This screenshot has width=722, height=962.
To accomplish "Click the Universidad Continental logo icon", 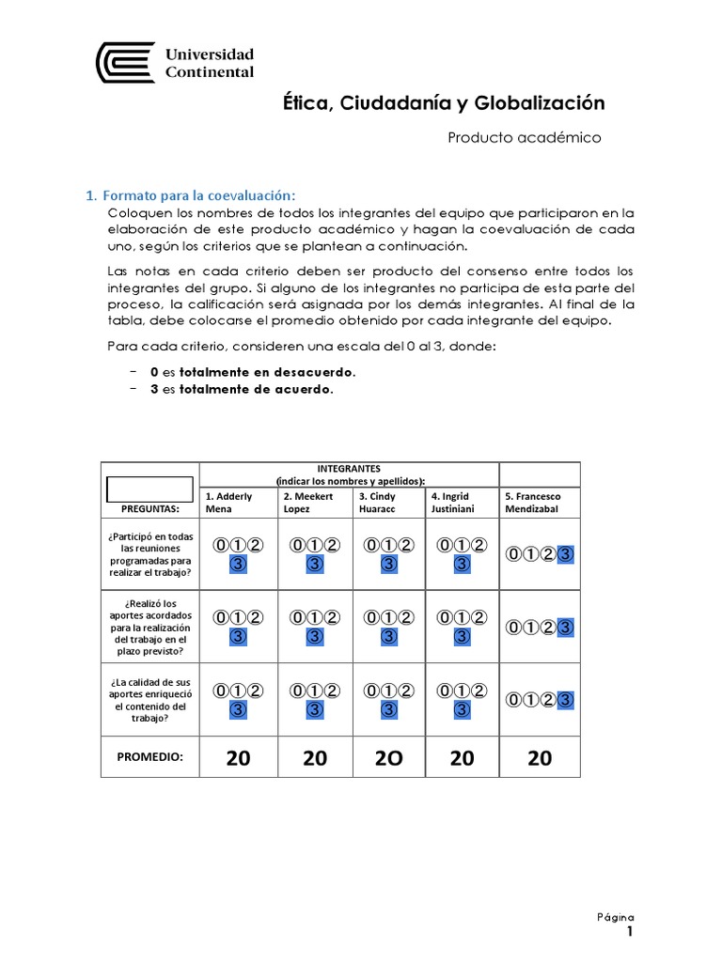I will tap(126, 62).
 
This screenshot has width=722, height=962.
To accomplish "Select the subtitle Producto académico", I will tap(524, 137).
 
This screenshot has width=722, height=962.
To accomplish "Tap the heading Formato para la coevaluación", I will tap(198, 195).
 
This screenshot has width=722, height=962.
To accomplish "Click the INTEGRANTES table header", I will tap(348, 467).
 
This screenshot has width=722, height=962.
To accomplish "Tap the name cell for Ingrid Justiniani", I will tap(462, 502).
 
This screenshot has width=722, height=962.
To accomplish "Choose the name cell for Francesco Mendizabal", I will tap(540, 502).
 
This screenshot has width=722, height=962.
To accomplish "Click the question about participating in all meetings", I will tap(149, 554).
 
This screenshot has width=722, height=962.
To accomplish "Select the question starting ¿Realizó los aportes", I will tap(149, 627).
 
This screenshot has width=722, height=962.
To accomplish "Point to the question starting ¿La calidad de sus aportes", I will tap(149, 699).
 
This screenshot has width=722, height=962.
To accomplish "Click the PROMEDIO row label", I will tap(149, 756).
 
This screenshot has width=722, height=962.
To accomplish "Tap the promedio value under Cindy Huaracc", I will tap(387, 758).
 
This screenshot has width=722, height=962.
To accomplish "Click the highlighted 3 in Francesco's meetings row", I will tap(565, 554).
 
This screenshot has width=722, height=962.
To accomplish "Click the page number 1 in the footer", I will tap(630, 932).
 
